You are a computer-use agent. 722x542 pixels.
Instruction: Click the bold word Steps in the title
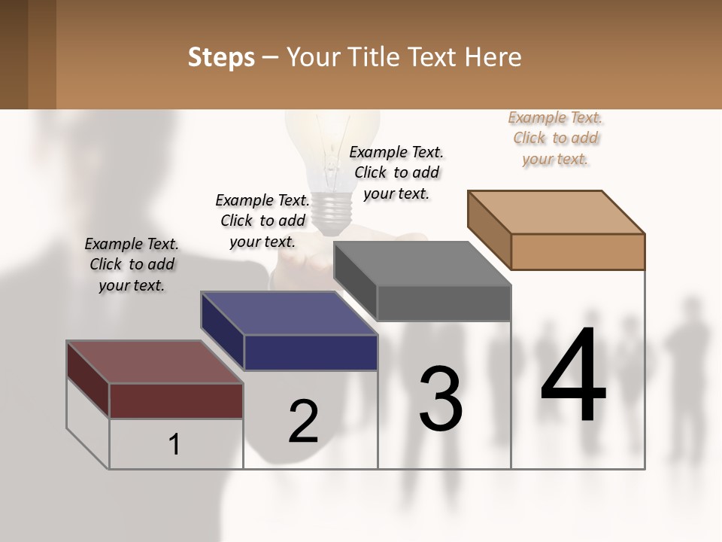click(221, 57)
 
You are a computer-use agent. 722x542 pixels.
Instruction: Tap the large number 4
click(573, 376)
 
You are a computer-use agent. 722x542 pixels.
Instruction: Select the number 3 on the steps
click(441, 398)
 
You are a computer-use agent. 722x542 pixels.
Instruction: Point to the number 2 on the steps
click(304, 422)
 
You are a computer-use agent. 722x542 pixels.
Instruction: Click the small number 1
click(174, 444)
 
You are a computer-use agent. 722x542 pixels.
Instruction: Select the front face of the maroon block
click(176, 400)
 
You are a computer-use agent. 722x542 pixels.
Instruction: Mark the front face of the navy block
click(311, 352)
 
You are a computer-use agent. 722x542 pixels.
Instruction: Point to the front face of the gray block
click(444, 303)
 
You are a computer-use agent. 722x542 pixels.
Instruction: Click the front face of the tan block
click(578, 251)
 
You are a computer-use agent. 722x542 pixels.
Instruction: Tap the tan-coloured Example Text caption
click(555, 138)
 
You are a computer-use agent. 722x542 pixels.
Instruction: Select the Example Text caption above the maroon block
click(132, 264)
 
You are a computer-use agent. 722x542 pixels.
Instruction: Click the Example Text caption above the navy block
click(262, 221)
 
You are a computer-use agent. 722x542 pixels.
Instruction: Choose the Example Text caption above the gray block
click(396, 172)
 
